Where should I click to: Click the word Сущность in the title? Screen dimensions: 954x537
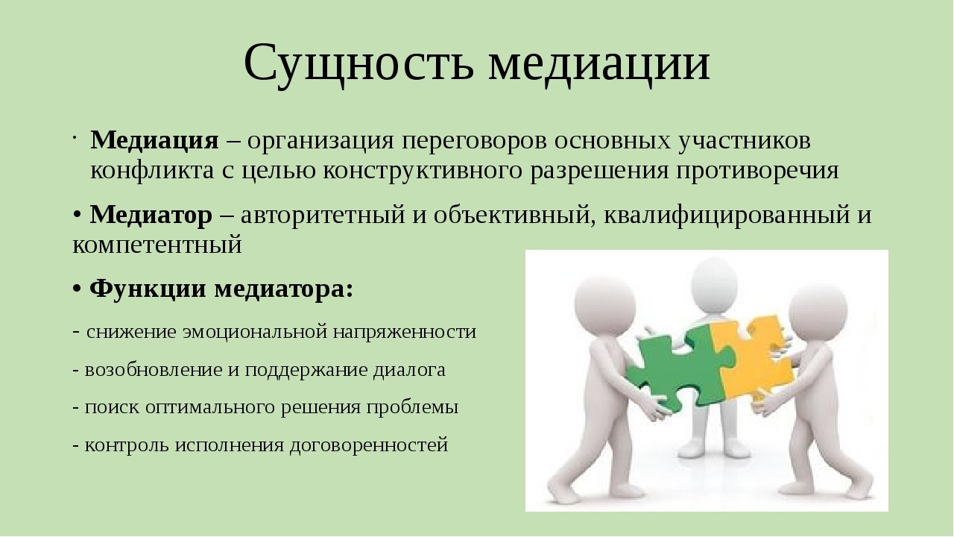coord(358,64)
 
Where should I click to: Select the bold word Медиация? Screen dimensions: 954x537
coord(154,141)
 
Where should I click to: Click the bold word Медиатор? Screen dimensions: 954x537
coord(151,215)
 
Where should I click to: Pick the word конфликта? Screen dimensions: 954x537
coord(152,172)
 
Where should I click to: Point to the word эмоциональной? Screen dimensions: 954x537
coord(254,332)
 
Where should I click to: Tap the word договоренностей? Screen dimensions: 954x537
coord(369,446)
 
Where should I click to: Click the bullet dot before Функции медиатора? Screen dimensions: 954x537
coord(77,289)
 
